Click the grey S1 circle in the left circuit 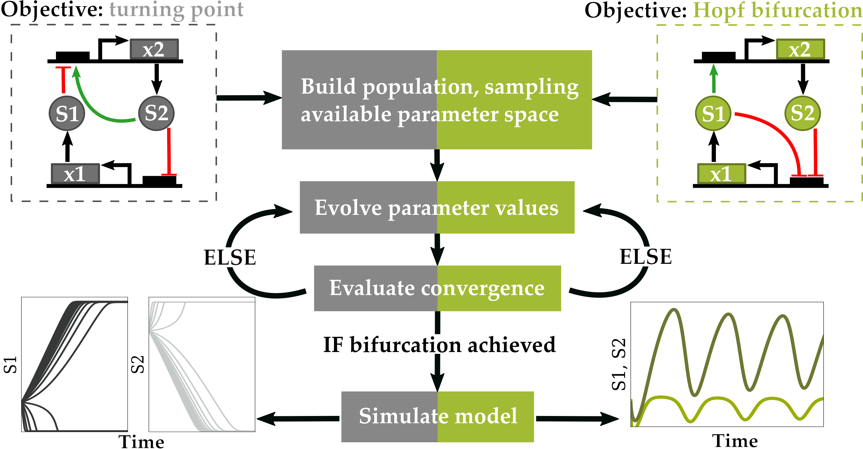(67, 113)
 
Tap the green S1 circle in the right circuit (713, 113)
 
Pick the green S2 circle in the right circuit (802, 113)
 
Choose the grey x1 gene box (75, 174)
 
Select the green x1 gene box (721, 174)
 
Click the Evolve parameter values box (437, 207)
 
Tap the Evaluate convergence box (437, 288)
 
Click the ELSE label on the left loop (230, 257)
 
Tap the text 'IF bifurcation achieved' (439, 345)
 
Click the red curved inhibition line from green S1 (780, 134)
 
